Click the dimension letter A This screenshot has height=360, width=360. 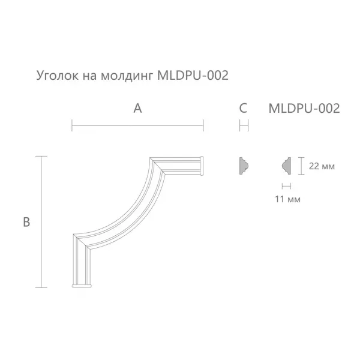click(137, 109)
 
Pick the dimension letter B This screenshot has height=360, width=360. click(26, 222)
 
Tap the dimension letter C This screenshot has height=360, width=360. click(243, 109)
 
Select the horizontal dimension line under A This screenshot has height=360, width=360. click(137, 125)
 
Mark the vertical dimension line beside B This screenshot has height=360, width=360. click(41, 222)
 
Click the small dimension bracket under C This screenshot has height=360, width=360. click(244, 125)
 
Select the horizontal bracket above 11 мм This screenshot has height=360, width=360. click(286, 186)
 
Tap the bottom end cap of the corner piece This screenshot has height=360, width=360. click(81, 284)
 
